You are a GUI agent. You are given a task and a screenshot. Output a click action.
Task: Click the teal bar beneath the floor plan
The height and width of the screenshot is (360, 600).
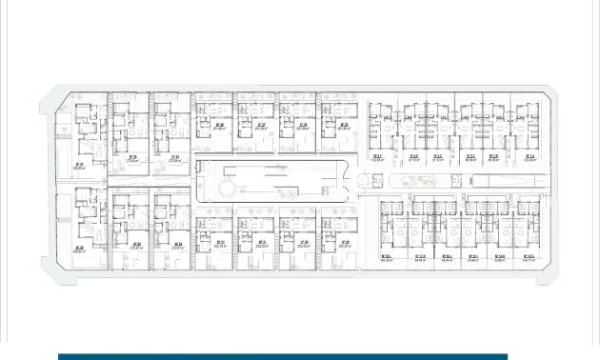tap(282, 356)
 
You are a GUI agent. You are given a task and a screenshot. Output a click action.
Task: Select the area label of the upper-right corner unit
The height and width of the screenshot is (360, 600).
tap(530, 159)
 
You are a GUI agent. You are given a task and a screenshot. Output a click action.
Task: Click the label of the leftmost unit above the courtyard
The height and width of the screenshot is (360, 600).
tap(218, 127)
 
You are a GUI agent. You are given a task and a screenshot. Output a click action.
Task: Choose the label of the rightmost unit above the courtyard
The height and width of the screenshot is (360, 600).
tap(344, 127)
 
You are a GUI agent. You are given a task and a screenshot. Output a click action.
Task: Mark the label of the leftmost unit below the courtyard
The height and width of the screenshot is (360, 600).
tap(220, 244)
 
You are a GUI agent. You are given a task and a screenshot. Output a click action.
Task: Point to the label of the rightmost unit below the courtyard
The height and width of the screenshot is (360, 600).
tap(344, 244)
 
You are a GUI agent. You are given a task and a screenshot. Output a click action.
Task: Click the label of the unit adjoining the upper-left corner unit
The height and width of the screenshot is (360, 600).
tap(132, 159)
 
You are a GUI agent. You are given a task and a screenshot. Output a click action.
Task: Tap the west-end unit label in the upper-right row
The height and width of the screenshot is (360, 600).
tap(376, 159)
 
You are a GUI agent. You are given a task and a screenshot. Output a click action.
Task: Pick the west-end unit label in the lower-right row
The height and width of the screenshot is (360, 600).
tap(387, 258)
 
